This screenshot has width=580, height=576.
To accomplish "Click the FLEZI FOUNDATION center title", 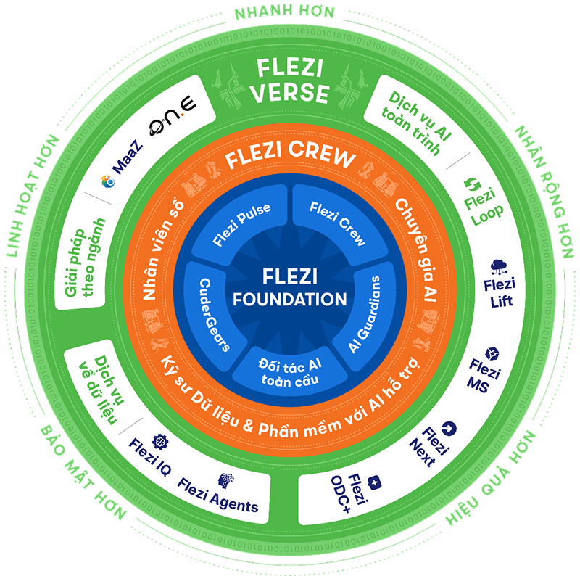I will tap(289, 288).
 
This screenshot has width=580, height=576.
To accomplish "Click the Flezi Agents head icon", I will tap(223, 480).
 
